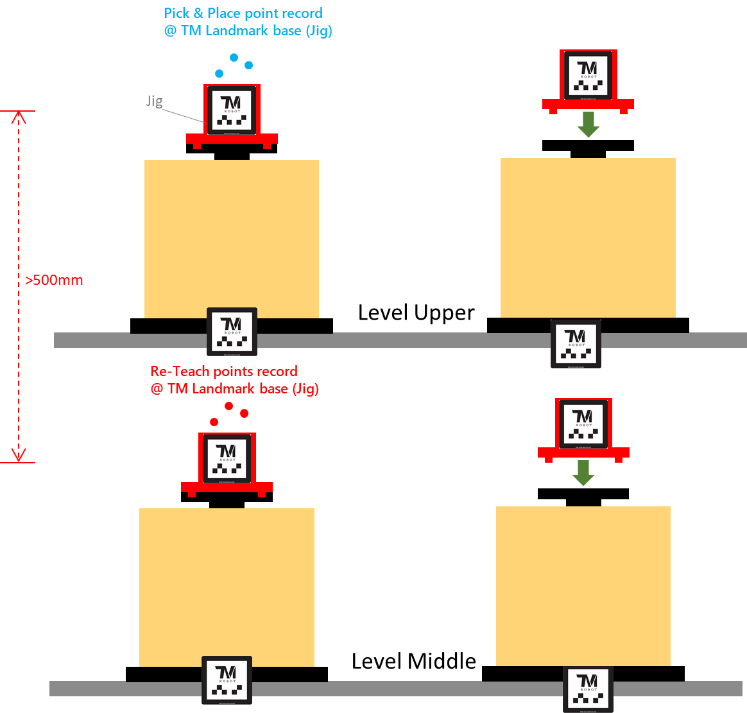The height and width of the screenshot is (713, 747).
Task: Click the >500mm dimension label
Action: pos(55,280)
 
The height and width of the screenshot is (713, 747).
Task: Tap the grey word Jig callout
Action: pos(155,101)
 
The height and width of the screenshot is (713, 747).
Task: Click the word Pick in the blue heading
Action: pos(176,13)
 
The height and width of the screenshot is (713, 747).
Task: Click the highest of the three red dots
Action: pos(228,406)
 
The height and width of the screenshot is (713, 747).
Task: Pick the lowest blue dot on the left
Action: pos(219,74)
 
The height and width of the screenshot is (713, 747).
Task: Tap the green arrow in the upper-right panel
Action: pos(588,126)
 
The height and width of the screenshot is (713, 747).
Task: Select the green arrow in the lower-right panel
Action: pos(583,473)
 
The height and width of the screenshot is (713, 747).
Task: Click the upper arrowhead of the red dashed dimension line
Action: pos(19,117)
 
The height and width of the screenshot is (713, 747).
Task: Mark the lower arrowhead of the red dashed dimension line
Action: pos(19,455)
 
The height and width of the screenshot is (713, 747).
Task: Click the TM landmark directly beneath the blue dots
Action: pos(230,110)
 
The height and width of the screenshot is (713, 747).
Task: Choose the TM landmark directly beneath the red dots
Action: pos(227,458)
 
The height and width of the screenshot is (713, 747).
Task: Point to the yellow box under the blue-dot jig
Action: pos(232,238)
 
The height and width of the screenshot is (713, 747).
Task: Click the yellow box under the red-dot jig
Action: pos(227,587)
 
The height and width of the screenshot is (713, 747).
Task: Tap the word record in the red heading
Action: pos(277,371)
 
